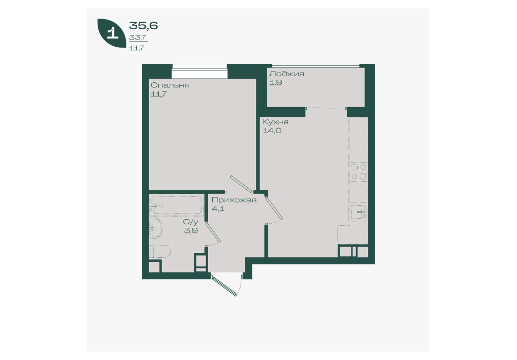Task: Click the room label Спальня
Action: [x=170, y=85]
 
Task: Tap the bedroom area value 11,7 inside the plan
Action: [x=159, y=94]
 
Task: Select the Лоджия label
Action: [x=287, y=74]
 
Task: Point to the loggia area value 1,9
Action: [x=275, y=82]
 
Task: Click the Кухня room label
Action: [x=275, y=122]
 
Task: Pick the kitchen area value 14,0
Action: [x=272, y=131]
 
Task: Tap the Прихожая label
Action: [x=234, y=200]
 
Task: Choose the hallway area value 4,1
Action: [x=218, y=208]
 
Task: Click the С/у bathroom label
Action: [x=191, y=222]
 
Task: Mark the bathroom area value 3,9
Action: [x=191, y=230]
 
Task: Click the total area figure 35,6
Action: [x=143, y=25]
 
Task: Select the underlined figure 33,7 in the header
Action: [x=138, y=38]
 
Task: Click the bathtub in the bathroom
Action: [x=175, y=205]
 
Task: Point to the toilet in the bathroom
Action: [x=160, y=252]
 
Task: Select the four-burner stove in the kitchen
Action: [x=358, y=172]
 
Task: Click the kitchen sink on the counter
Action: [x=359, y=211]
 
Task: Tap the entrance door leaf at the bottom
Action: [x=225, y=286]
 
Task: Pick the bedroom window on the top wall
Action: [x=199, y=71]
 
